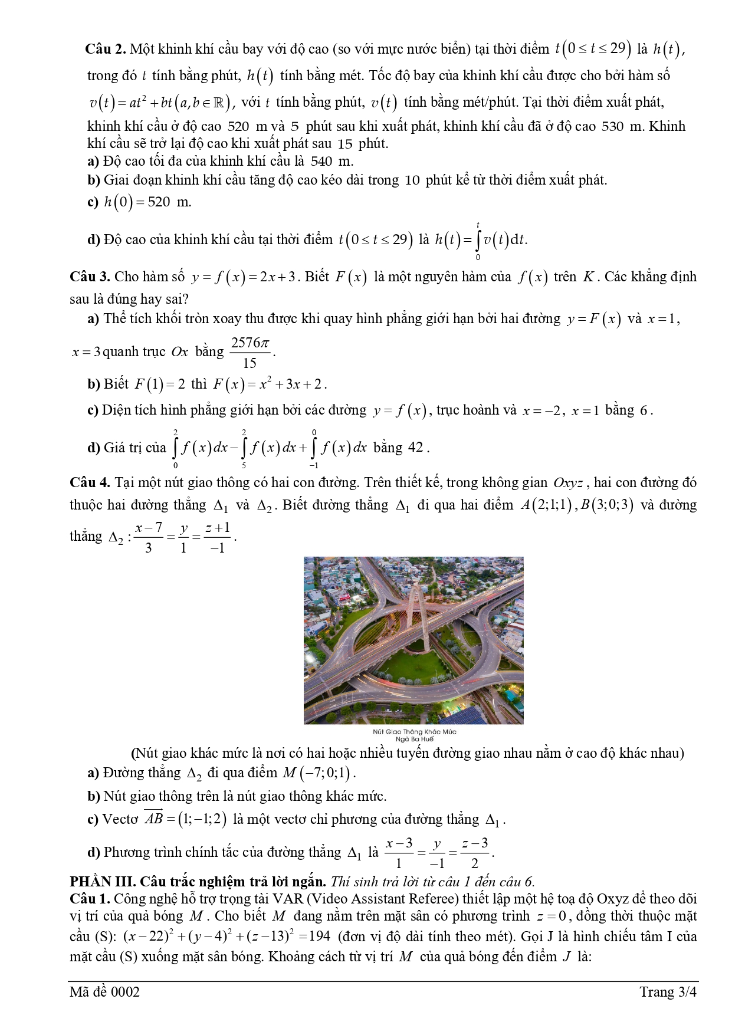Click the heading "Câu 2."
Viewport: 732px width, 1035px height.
106,49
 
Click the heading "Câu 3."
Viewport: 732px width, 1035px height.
90,277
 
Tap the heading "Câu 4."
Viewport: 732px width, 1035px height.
90,482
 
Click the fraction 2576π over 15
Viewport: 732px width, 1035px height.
250,353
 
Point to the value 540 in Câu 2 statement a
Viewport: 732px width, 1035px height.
321,161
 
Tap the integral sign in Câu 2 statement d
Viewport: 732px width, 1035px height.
478,240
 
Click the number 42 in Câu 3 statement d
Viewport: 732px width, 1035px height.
416,447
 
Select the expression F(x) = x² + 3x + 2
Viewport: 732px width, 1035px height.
268,385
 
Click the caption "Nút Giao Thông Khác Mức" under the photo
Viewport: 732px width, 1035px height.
414,731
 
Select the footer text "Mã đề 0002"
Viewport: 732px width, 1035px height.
104,992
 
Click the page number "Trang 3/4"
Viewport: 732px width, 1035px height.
668,992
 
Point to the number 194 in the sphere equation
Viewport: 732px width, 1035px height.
319,937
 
